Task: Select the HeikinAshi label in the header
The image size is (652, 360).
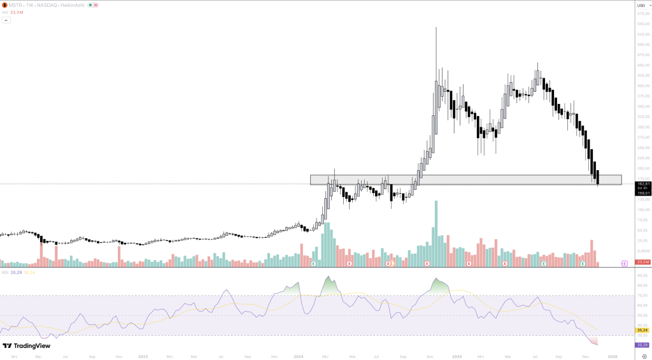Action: [73, 5]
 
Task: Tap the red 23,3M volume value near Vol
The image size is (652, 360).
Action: [17, 12]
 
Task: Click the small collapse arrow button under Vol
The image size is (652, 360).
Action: [6, 20]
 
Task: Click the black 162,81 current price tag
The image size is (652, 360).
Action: [642, 184]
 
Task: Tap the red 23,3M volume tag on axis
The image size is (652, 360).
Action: [642, 262]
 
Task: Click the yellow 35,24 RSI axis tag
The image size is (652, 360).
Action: [642, 330]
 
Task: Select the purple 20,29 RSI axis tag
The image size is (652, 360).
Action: [642, 345]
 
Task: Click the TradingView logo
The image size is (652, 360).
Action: [25, 346]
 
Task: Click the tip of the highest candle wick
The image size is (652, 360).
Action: [436, 27]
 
